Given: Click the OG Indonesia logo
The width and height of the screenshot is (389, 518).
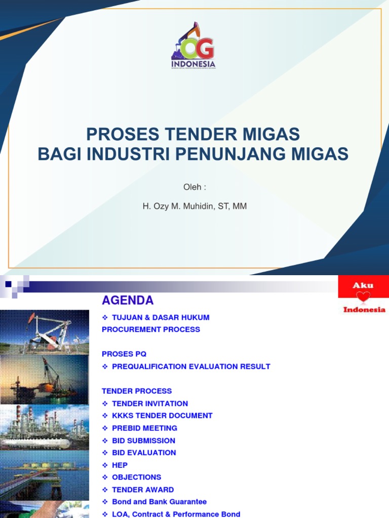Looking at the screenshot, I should pyautogui.click(x=193, y=47).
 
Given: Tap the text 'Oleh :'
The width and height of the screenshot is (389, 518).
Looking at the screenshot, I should pyautogui.click(x=194, y=187).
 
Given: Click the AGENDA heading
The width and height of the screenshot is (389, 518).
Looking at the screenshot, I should pyautogui.click(x=128, y=300).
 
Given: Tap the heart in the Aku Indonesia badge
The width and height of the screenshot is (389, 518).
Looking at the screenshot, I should pyautogui.click(x=363, y=297).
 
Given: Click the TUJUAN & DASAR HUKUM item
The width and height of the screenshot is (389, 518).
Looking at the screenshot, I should pyautogui.click(x=160, y=317).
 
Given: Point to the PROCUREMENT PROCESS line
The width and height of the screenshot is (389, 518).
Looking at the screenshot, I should pyautogui.click(x=151, y=329).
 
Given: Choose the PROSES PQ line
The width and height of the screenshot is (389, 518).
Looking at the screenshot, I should pyautogui.click(x=124, y=354).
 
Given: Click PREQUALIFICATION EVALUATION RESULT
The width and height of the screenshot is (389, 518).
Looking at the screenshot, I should pyautogui.click(x=190, y=366).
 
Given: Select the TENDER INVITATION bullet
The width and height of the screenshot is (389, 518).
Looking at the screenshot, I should pyautogui.click(x=149, y=403).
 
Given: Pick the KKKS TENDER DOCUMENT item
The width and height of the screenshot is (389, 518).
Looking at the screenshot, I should pyautogui.click(x=162, y=415).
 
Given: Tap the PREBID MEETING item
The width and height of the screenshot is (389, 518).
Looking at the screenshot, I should pyautogui.click(x=144, y=428).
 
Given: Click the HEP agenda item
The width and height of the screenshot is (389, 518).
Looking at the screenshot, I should pyautogui.click(x=120, y=465).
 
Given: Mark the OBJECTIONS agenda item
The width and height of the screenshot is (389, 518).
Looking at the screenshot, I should pyautogui.click(x=136, y=477).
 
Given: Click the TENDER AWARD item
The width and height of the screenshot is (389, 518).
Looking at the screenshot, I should pyautogui.click(x=142, y=490).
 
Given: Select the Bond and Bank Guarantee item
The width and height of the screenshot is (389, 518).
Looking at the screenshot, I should pyautogui.click(x=159, y=502).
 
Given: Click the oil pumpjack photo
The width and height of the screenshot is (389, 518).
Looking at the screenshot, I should pyautogui.click(x=45, y=331).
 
